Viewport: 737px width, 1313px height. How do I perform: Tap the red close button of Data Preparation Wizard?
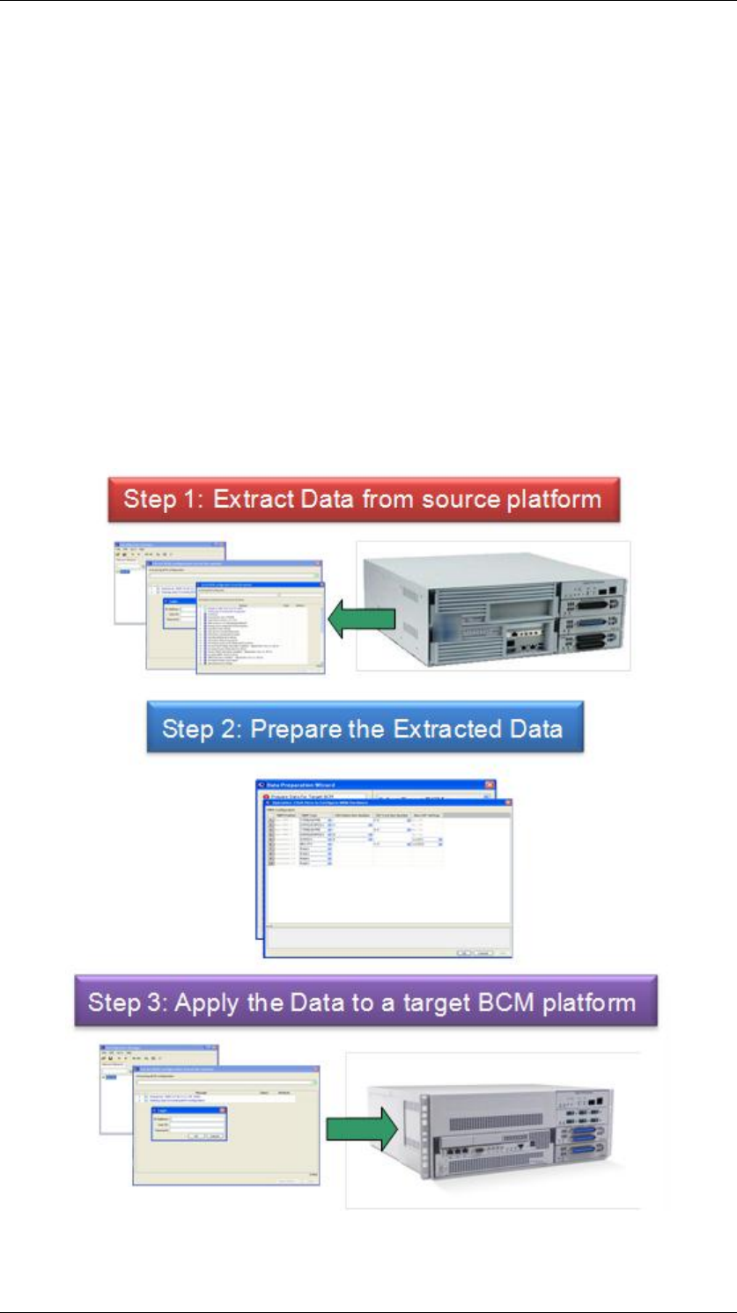[x=489, y=783]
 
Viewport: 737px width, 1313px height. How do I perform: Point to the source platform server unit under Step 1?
[x=493, y=606]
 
